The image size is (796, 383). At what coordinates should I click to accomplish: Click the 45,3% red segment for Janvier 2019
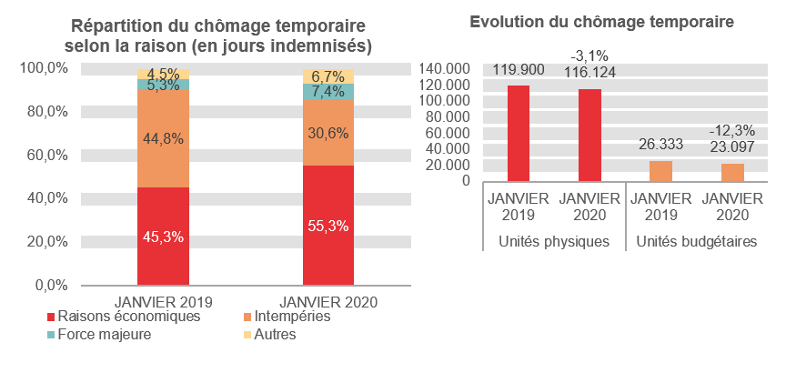pos(163,236)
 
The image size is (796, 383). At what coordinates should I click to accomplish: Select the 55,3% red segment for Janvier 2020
pos(327,225)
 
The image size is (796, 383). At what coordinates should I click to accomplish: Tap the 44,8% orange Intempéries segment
pos(163,138)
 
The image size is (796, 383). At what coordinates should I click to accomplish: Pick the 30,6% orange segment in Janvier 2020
pos(327,132)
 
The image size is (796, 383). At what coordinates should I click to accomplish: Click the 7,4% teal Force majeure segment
pos(327,91)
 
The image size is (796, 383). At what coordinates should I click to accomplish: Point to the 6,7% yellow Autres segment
pos(327,76)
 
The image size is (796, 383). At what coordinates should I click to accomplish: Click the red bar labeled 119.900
pos(518,133)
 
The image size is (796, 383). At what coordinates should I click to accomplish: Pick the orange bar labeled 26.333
pos(660,170)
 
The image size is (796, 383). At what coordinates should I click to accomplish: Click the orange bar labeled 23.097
pos(732,172)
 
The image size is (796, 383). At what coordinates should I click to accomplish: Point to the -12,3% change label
pos(732,131)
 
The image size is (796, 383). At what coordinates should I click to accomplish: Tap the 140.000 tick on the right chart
pos(445,68)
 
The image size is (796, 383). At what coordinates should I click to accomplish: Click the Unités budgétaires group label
pos(696,242)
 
